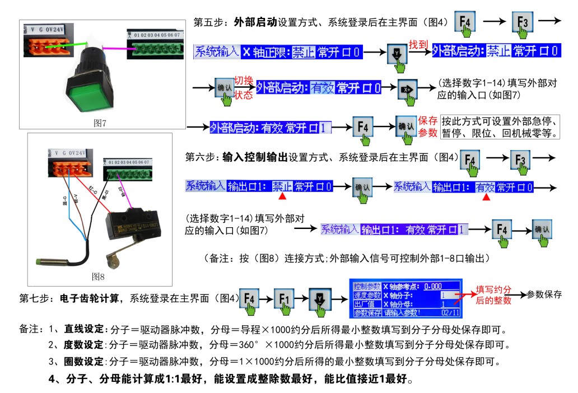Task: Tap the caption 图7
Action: click(100, 123)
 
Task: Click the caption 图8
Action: click(99, 276)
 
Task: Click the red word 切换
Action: click(244, 80)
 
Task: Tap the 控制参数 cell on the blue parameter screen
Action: click(367, 286)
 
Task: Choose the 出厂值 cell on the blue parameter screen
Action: click(367, 304)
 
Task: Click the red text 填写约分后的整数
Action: click(495, 295)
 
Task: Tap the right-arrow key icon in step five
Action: click(408, 89)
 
